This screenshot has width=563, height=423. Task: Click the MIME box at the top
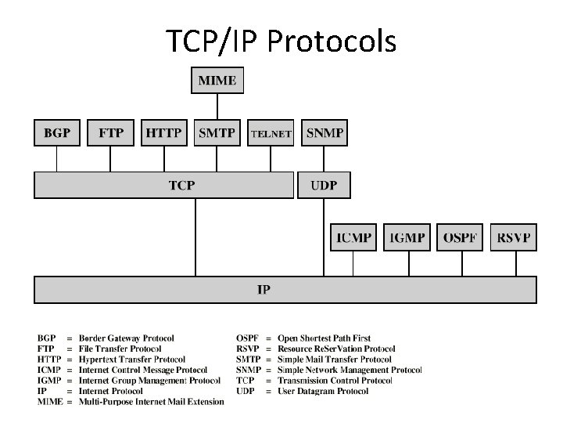(217, 81)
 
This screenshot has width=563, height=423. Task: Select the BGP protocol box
(57, 133)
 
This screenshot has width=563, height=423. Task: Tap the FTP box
(110, 133)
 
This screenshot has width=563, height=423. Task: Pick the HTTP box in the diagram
(163, 133)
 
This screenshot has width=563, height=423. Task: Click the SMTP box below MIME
(217, 133)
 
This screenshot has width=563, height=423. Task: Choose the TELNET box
(271, 133)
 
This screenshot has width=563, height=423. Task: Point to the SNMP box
(325, 133)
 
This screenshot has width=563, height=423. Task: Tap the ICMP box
(353, 237)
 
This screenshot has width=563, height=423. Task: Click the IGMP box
(407, 237)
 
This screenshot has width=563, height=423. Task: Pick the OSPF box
(461, 237)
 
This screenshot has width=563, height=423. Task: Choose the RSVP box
(514, 237)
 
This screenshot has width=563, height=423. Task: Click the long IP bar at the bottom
(285, 290)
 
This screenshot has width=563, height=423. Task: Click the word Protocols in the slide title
(332, 42)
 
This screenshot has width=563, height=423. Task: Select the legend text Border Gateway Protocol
(127, 338)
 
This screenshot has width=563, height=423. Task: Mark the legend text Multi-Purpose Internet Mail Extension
(151, 402)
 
